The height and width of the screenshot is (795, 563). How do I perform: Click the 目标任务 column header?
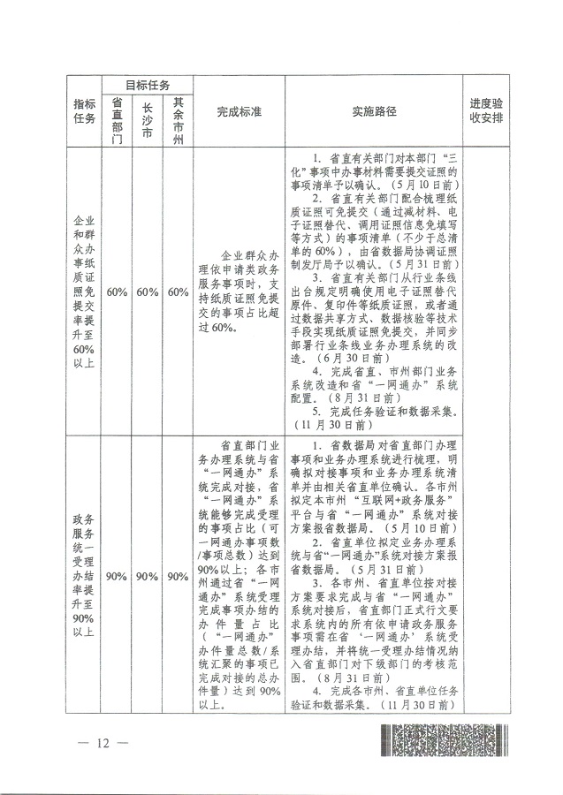[x=147, y=86]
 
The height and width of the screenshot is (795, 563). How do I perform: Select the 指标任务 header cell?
[x=84, y=113]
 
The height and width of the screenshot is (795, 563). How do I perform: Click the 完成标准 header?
[x=238, y=113]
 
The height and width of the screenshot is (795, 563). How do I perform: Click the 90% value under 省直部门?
[x=118, y=576]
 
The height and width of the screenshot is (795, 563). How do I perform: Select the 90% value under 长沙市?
[x=148, y=576]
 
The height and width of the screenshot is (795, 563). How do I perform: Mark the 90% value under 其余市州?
[x=178, y=576]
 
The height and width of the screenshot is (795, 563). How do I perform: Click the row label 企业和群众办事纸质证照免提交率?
[x=84, y=291]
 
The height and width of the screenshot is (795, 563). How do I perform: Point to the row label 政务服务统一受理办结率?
[x=84, y=576]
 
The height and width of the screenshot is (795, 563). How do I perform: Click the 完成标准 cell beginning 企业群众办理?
[x=238, y=291]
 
